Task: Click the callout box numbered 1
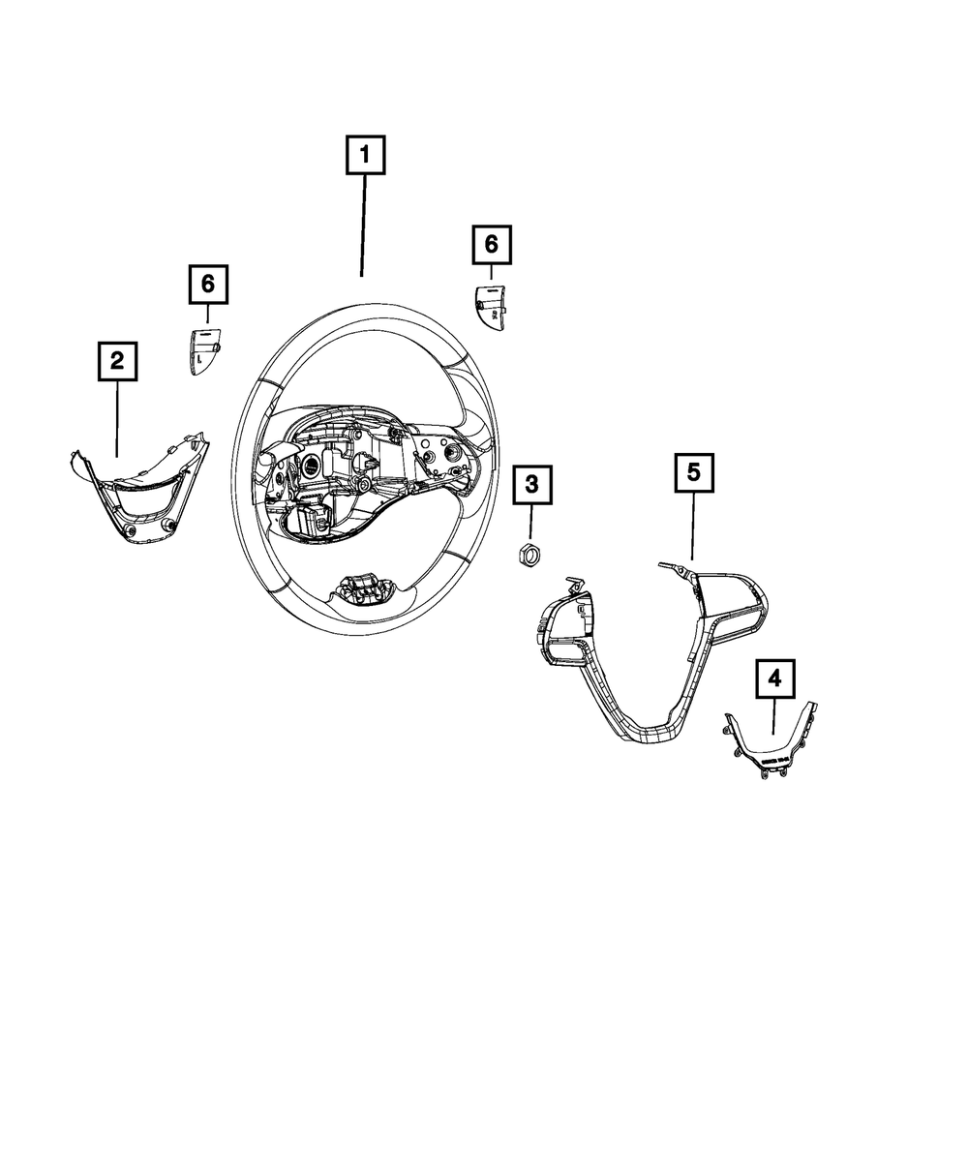365,155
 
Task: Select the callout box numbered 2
117,361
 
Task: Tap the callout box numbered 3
531,485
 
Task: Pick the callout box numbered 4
775,678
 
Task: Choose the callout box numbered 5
694,472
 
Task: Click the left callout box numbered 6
208,285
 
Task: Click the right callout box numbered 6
492,244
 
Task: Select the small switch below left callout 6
204,351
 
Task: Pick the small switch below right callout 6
489,309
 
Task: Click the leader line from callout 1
364,226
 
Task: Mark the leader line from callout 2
117,419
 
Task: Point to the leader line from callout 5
693,527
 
